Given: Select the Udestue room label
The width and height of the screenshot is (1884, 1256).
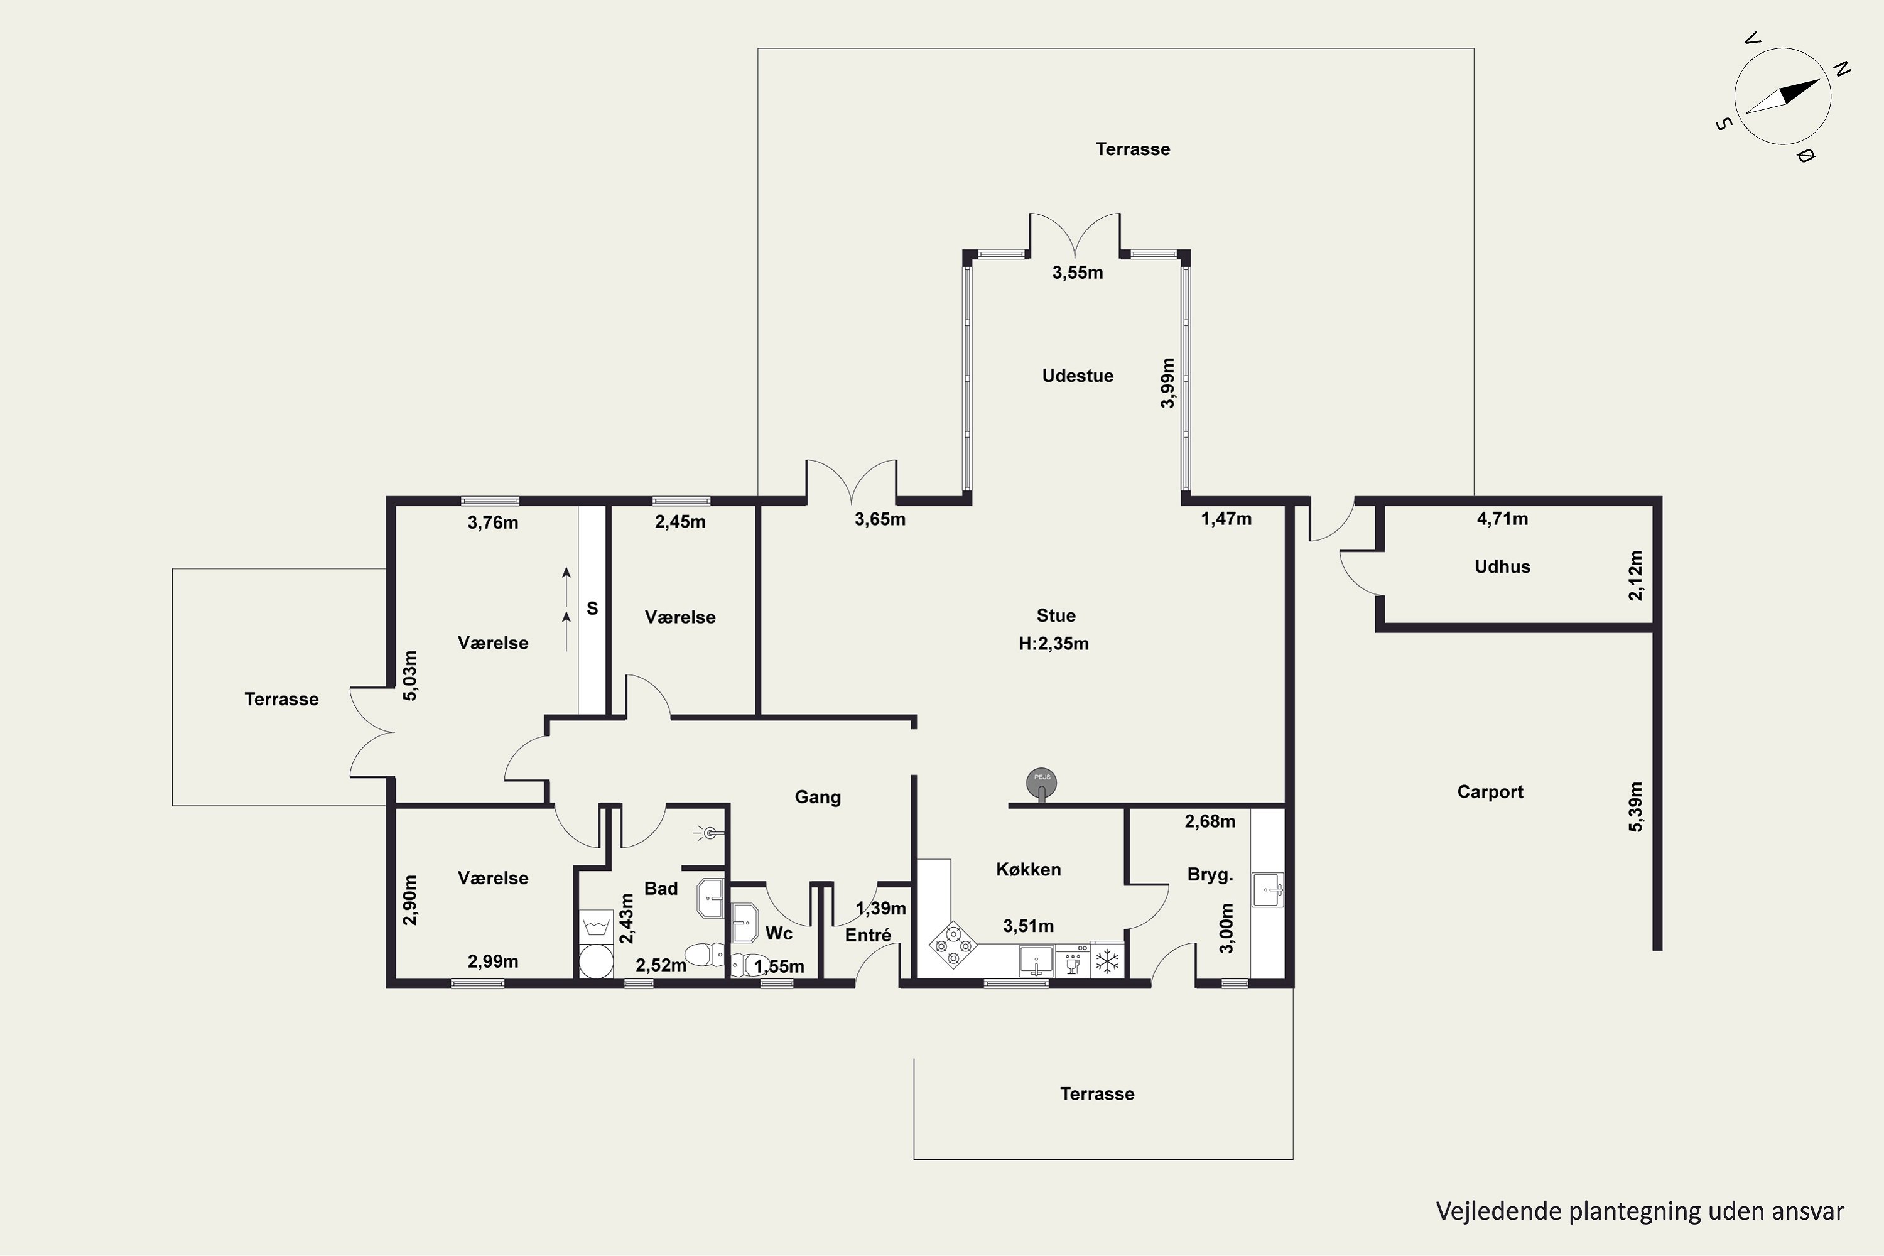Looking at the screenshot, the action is click(1078, 376).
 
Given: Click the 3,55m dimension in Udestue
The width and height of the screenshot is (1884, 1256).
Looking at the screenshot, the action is click(1078, 273).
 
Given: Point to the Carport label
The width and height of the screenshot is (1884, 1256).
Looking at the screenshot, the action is click(1490, 792).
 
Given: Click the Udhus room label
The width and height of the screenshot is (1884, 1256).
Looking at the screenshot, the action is click(1502, 566).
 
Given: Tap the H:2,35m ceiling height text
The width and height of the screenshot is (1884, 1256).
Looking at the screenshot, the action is click(1053, 643).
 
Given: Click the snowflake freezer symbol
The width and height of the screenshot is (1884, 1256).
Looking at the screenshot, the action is click(1107, 960).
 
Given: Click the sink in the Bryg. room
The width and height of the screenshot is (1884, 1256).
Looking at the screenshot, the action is click(1268, 890).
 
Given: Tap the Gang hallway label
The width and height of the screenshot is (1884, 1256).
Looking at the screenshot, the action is click(818, 797).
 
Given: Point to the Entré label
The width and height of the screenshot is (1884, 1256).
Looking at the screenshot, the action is click(867, 935).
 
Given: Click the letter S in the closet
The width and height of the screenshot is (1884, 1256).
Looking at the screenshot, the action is click(592, 609).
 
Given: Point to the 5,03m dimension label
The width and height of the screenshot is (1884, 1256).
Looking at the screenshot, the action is click(409, 675).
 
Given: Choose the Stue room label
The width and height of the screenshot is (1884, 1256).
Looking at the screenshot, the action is click(1056, 616).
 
